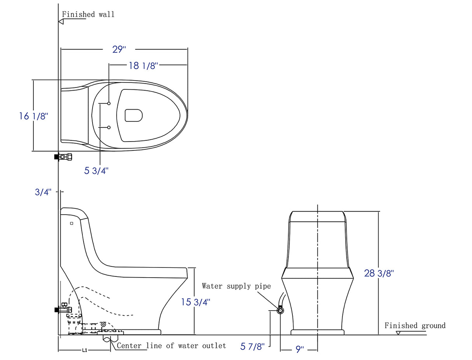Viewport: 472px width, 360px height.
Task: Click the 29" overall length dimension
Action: pyautogui.click(x=119, y=50)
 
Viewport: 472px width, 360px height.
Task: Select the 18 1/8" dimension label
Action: pyautogui.click(x=142, y=66)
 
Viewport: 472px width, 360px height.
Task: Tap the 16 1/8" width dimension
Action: pyautogui.click(x=33, y=116)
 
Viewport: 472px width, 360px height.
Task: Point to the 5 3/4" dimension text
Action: pyautogui.click(x=96, y=170)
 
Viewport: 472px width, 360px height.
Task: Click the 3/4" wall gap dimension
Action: pyautogui.click(x=43, y=192)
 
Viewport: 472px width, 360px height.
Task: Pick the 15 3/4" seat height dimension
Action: pyautogui.click(x=195, y=302)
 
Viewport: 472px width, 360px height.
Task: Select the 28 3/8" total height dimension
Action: pyautogui.click(x=379, y=273)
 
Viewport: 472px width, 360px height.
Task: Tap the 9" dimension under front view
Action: pyautogui.click(x=299, y=350)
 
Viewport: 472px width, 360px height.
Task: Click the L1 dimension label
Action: pyautogui.click(x=84, y=350)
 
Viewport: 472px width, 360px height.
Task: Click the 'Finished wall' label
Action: pyautogui.click(x=88, y=14)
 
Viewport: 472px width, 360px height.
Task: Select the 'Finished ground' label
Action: pyautogui.click(x=415, y=325)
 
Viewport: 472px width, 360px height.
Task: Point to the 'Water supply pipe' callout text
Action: pyautogui.click(x=236, y=286)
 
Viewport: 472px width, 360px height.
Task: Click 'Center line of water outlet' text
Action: pyautogui.click(x=171, y=346)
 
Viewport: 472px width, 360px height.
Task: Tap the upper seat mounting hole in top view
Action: pyautogui.click(x=109, y=103)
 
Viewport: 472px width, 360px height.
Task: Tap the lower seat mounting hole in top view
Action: pyautogui.click(x=109, y=128)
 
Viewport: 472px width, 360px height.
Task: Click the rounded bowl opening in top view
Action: pyautogui.click(x=133, y=115)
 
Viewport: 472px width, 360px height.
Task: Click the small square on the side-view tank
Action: pyautogui.click(x=72, y=224)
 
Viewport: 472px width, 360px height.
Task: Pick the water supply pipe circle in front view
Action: pyautogui.click(x=280, y=311)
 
